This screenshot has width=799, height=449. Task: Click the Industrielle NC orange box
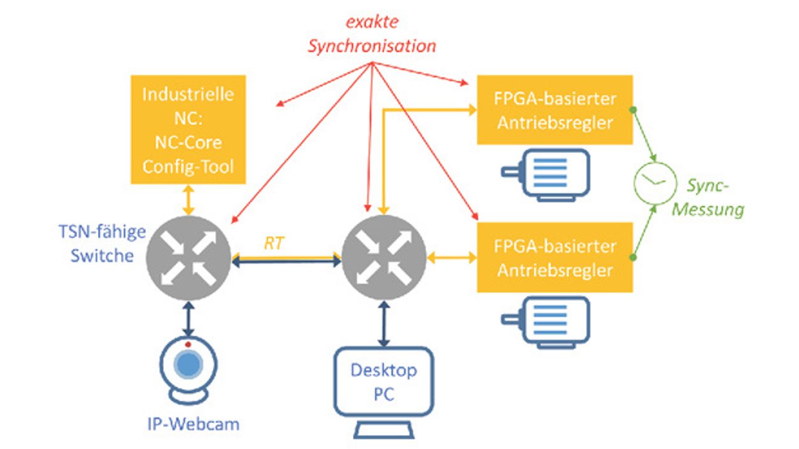188,129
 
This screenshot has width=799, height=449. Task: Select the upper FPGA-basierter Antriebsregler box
555,110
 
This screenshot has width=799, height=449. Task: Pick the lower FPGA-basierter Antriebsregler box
555,258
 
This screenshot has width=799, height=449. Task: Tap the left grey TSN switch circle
188,258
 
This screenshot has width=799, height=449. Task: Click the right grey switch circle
384,258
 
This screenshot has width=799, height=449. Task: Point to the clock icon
656,183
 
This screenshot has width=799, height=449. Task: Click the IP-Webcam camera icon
188,370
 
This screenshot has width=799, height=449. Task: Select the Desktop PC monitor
384,392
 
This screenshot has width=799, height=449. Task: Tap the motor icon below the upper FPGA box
546,175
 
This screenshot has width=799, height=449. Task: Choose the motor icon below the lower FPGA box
546,323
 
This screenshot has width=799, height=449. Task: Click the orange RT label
274,244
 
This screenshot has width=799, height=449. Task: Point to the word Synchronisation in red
372,47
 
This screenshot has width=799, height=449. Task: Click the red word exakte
372,22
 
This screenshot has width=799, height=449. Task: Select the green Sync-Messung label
708,197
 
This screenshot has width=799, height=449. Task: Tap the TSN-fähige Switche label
102,244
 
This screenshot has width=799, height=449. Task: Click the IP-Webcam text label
193,424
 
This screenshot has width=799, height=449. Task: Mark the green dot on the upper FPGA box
633,110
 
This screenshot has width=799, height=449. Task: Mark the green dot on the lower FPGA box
633,257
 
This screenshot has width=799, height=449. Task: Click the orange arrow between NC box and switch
188,200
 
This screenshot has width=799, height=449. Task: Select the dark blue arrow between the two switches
286,262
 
